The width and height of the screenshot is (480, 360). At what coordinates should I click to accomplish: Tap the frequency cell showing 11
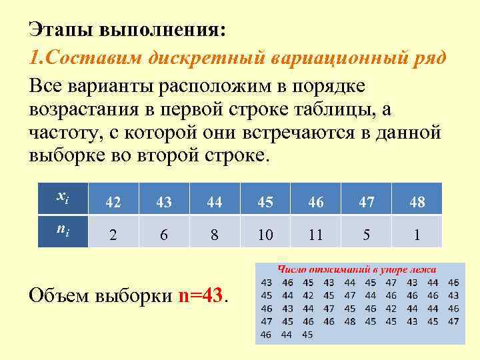pyautogui.click(x=316, y=235)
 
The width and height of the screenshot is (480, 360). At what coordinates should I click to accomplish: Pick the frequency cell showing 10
pyautogui.click(x=265, y=235)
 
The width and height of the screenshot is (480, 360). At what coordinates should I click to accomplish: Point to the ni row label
pyautogui.click(x=61, y=230)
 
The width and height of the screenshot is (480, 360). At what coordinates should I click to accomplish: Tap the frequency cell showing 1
pyautogui.click(x=417, y=235)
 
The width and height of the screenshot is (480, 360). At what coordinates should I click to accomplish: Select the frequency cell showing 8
pyautogui.click(x=214, y=235)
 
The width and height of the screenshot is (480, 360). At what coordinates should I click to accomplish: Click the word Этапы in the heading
pyautogui.click(x=61, y=30)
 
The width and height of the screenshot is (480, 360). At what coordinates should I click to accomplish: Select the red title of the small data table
pyautogui.click(x=357, y=269)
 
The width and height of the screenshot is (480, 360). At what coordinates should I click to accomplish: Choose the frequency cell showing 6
pyautogui.click(x=164, y=235)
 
